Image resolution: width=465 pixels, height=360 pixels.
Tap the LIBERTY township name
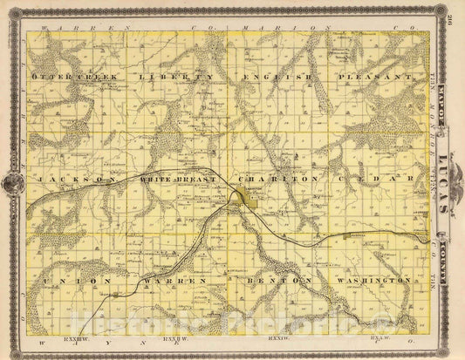point(174,78)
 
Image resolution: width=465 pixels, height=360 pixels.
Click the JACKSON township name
point(78,179)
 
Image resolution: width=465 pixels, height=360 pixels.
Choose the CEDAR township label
point(373,179)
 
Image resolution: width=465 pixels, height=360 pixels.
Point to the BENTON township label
point(278,281)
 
